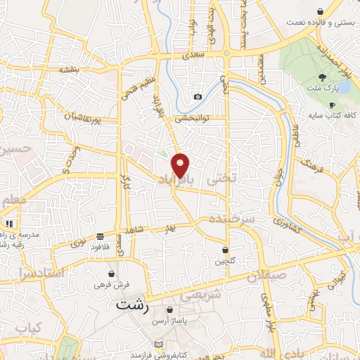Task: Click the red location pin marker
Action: (181, 166)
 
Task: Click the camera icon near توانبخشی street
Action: (198, 96)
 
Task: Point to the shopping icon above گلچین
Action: (225, 250)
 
